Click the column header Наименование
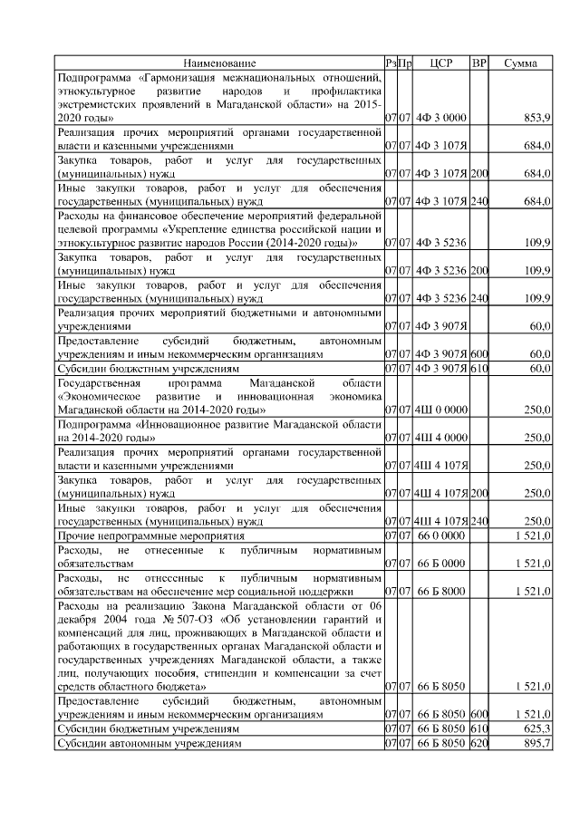click(219, 63)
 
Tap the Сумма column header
click(520, 63)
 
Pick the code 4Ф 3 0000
click(441, 119)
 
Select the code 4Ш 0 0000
click(441, 410)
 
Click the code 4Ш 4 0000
click(441, 438)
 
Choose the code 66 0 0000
click(441, 535)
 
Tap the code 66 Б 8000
click(441, 592)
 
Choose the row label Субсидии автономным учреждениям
click(150, 743)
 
